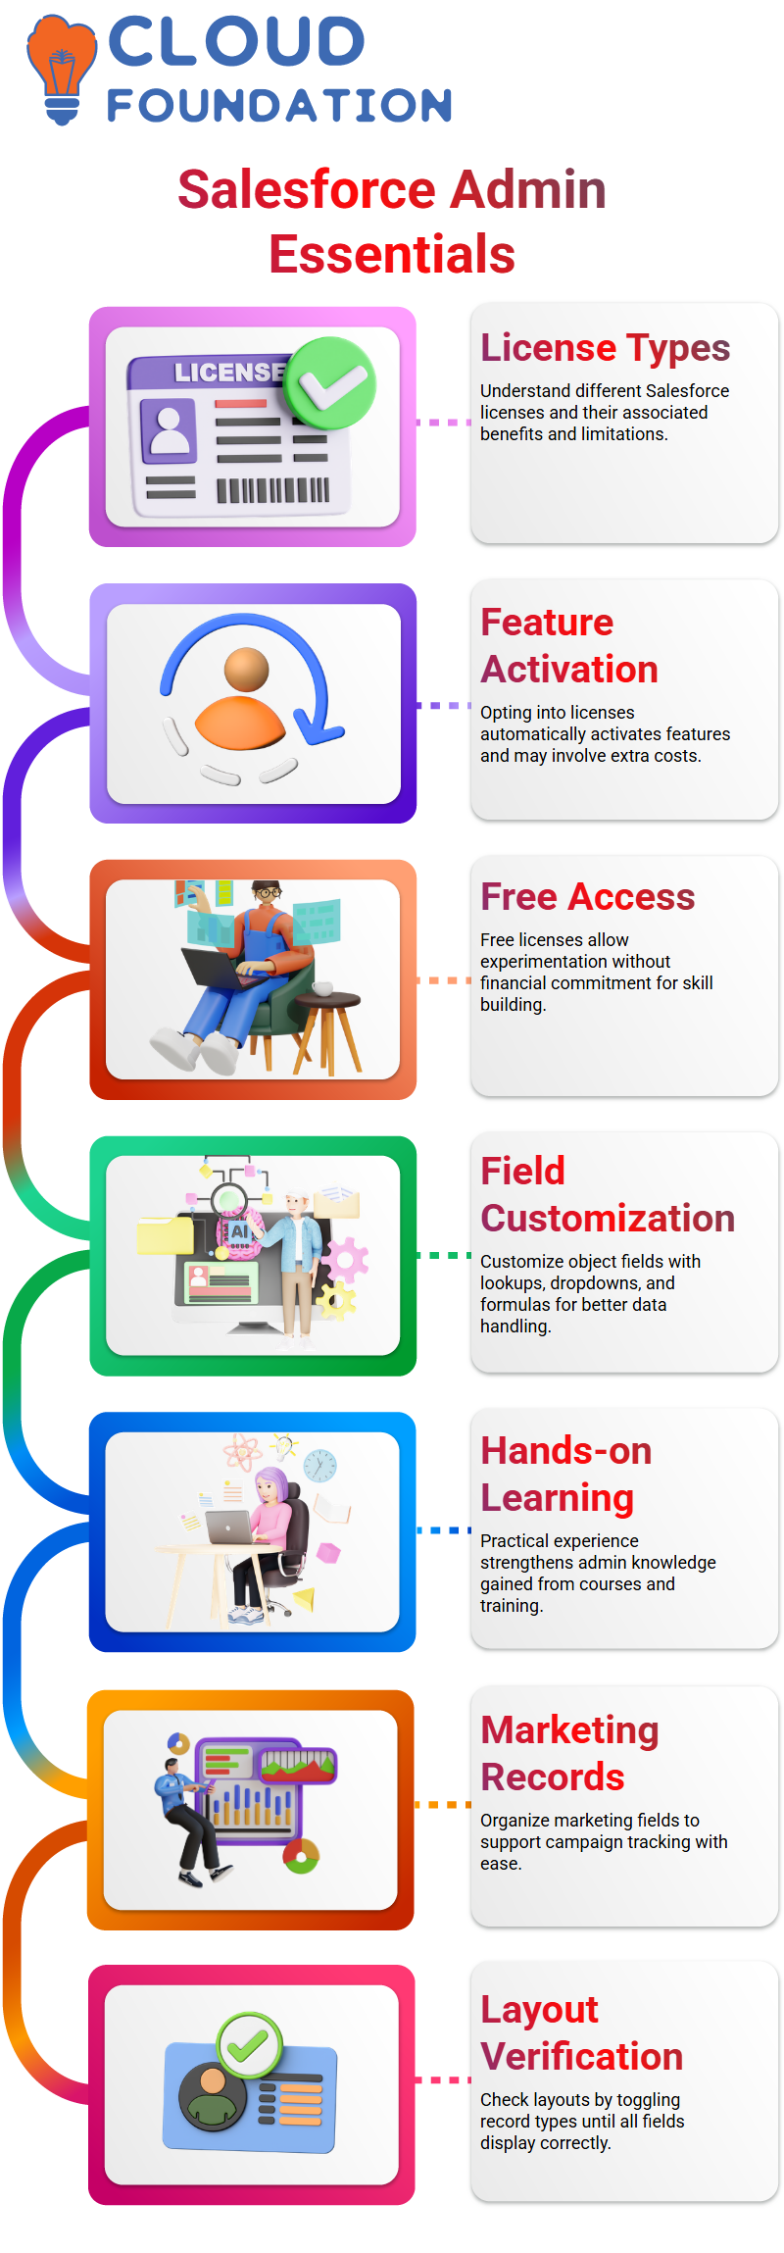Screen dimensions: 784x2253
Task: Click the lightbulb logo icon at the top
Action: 62,70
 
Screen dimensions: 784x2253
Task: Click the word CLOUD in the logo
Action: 236,42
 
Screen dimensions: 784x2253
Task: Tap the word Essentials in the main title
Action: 392,255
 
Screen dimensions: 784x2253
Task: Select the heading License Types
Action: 605,348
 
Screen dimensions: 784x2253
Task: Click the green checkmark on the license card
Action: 330,383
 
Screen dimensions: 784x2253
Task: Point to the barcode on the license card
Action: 272,489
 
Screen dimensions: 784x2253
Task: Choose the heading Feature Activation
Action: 569,646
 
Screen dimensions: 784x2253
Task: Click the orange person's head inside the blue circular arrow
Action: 246,670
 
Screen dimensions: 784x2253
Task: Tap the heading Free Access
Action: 587,897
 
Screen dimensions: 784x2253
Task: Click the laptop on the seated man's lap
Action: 225,967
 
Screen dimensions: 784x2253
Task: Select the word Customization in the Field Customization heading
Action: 608,1219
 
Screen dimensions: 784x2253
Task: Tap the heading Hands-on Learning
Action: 566,1475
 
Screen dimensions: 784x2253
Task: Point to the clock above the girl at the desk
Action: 319,1466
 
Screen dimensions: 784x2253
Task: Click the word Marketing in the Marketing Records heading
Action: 569,1730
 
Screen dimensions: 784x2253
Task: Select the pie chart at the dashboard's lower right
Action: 302,1855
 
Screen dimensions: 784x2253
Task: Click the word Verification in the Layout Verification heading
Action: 581,2056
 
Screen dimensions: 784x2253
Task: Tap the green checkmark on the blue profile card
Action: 249,2045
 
